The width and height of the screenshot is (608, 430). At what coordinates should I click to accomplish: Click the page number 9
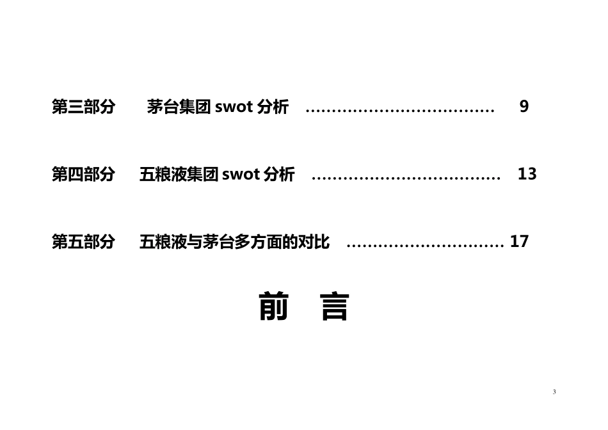click(524, 107)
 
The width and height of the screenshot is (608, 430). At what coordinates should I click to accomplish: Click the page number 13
click(527, 173)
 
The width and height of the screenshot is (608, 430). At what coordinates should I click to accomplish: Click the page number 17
click(520, 242)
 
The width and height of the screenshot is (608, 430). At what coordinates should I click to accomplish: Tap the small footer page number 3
click(554, 392)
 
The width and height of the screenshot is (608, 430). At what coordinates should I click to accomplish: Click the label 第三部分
click(83, 107)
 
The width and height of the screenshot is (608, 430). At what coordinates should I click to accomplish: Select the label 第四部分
click(83, 174)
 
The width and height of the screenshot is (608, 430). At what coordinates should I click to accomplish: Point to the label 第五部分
click(83, 242)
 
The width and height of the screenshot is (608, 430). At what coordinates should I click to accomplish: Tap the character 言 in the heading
click(334, 307)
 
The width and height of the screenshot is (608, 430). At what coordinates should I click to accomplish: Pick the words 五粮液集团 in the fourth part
click(179, 174)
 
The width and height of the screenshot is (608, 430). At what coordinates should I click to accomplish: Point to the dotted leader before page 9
click(400, 111)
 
